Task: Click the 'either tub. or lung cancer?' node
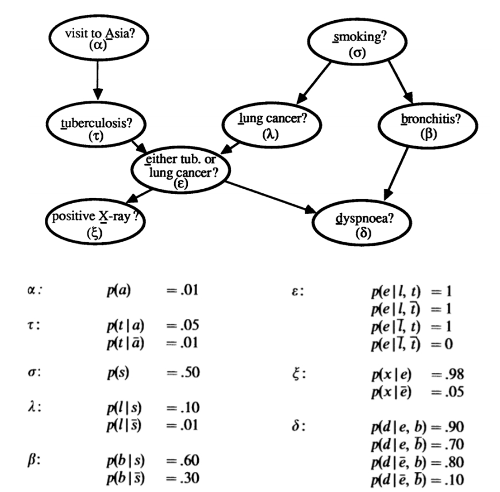(180, 168)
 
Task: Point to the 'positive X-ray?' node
(96, 221)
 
